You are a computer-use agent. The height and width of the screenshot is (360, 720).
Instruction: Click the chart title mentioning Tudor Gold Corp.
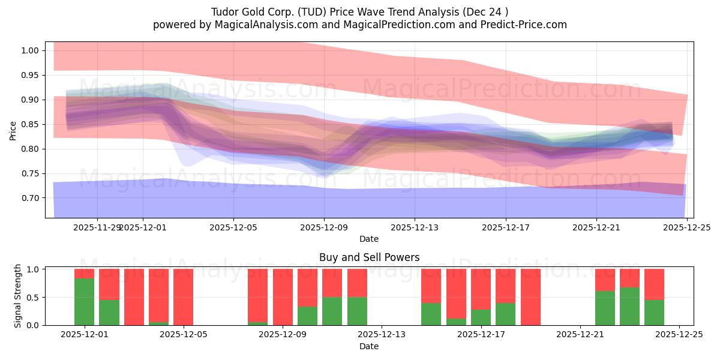point(359,12)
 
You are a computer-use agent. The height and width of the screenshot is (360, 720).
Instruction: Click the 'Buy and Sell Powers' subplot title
point(368,257)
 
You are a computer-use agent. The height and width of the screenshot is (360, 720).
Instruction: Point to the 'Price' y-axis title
point(13,130)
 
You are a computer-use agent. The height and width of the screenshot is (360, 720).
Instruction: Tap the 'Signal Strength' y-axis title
point(18,296)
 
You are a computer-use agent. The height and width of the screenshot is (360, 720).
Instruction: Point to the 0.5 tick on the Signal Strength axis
point(33,297)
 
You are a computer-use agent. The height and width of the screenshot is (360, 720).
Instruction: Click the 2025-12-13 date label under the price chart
point(415,227)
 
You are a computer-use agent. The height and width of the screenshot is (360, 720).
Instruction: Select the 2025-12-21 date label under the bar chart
point(580,334)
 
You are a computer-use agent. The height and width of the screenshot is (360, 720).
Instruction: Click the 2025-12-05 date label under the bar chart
point(184,334)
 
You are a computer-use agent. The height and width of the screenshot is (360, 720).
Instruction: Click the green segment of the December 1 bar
point(84,301)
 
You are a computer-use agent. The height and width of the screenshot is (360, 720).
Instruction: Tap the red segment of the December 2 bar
point(109,284)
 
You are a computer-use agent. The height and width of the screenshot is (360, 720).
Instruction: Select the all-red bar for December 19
point(530,297)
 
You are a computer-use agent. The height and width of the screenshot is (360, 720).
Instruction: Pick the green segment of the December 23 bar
point(629,306)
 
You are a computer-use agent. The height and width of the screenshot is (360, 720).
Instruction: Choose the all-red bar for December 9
point(283,297)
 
